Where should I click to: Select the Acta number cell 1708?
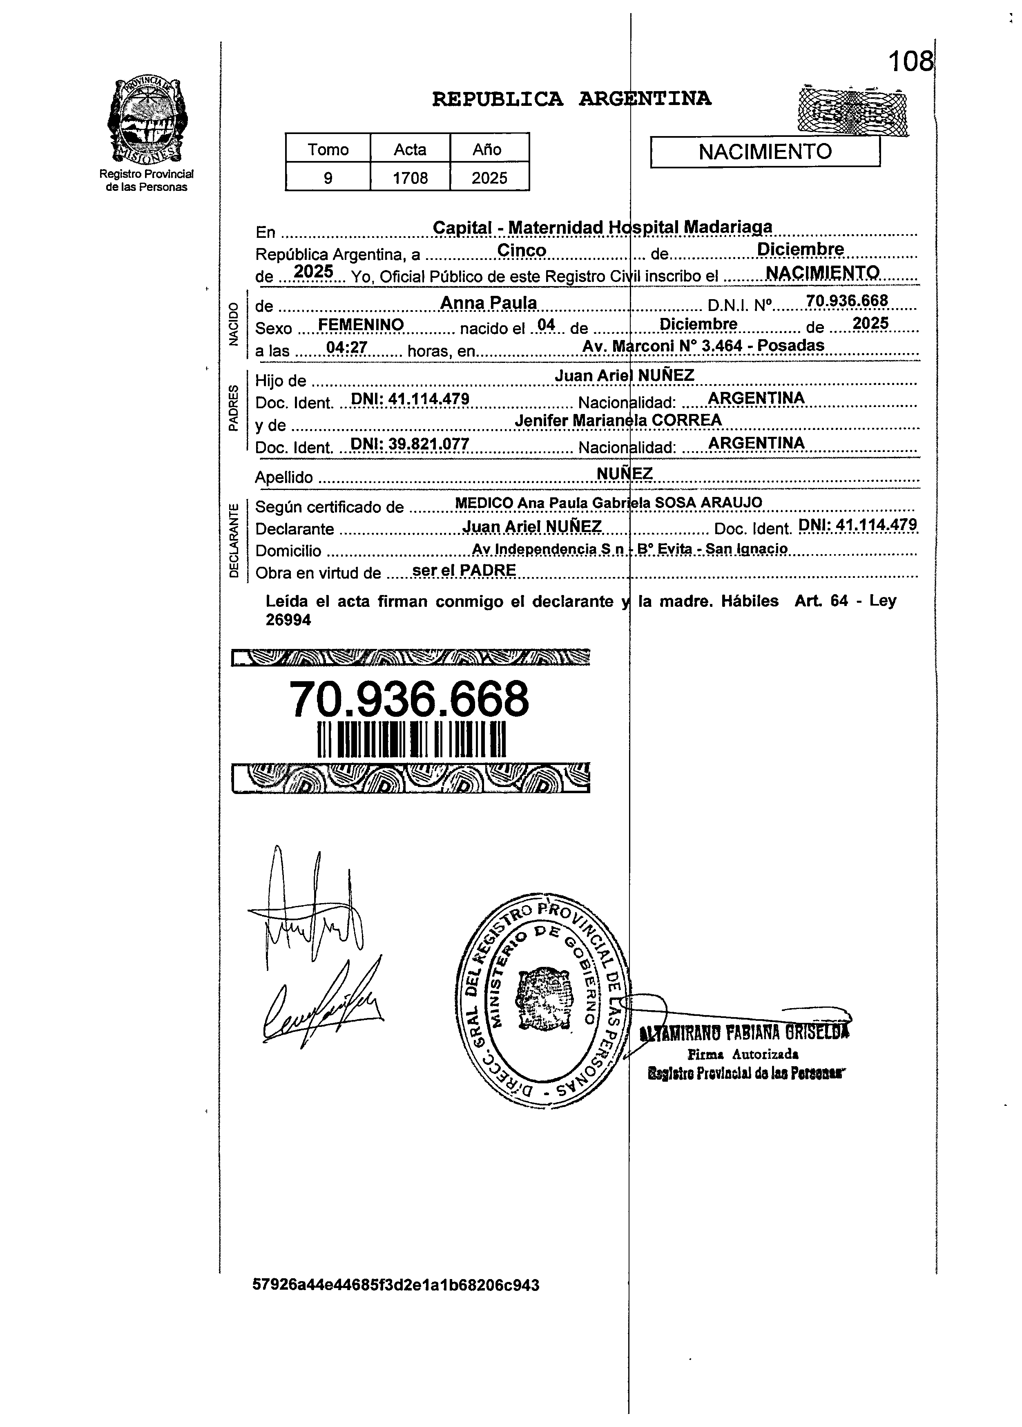pyautogui.click(x=410, y=178)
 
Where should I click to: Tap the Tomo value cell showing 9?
pyautogui.click(x=328, y=178)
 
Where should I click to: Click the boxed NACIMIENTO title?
pyautogui.click(x=765, y=152)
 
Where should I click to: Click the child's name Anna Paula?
pyautogui.click(x=488, y=303)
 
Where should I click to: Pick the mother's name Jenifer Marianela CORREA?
pyautogui.click(x=618, y=420)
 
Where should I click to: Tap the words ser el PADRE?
pyautogui.click(x=464, y=570)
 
